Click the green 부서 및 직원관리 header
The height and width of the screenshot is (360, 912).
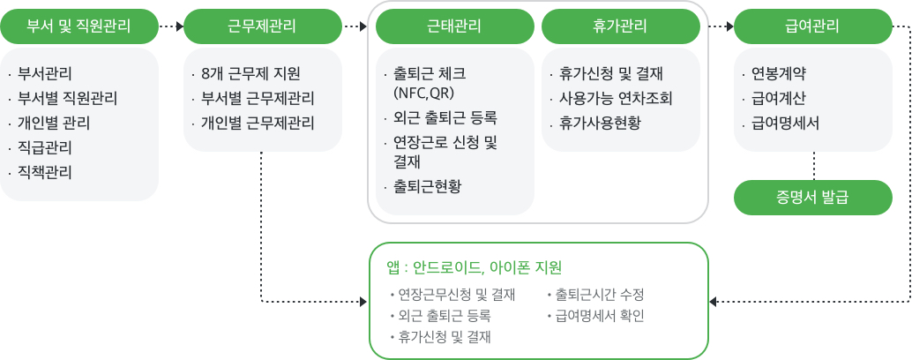[x=79, y=26]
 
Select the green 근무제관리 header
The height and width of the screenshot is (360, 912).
[x=262, y=26]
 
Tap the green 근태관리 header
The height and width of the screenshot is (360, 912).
[x=455, y=26]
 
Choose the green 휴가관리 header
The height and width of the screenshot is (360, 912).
[x=621, y=26]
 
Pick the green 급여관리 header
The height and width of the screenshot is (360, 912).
[x=813, y=26]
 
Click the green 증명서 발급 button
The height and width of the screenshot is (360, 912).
[x=813, y=198]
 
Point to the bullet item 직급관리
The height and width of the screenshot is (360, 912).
[x=45, y=147]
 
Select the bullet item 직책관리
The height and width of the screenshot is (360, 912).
[x=45, y=173]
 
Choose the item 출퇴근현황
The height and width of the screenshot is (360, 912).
[x=427, y=187]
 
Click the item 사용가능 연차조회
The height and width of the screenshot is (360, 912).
[x=616, y=99]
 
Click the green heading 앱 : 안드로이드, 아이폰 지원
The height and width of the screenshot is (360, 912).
[x=475, y=267]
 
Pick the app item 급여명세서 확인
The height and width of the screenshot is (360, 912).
[x=599, y=317]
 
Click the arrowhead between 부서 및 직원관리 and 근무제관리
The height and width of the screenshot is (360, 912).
[x=180, y=26]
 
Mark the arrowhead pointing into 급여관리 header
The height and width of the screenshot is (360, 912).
[x=730, y=26]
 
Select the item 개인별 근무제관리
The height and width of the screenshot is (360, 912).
[x=258, y=124]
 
